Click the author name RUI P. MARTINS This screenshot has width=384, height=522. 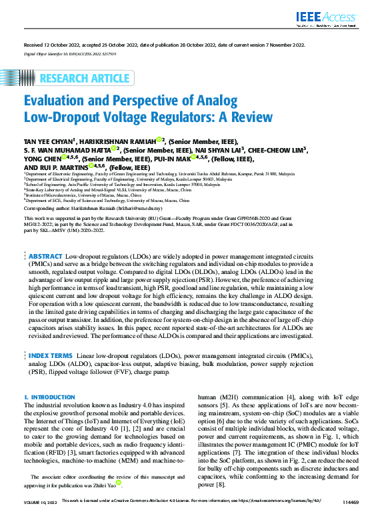(61, 168)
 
